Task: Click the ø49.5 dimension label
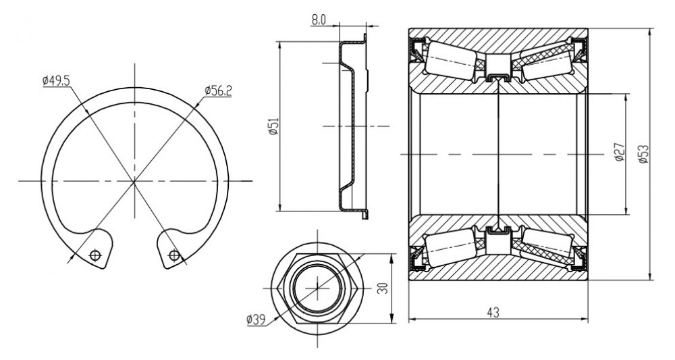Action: (x=56, y=80)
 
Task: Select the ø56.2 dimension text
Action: (x=218, y=91)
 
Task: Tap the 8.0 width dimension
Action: (x=319, y=20)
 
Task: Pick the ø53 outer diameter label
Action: (x=643, y=154)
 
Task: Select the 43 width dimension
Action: (x=494, y=312)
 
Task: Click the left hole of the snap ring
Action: (x=95, y=255)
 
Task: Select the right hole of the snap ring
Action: (x=174, y=255)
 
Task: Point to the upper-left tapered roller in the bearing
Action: (x=450, y=61)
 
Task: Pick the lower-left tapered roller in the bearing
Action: (x=450, y=247)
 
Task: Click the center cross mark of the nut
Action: (x=317, y=288)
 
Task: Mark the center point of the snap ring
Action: (x=134, y=181)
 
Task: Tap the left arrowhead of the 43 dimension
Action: (x=412, y=319)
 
